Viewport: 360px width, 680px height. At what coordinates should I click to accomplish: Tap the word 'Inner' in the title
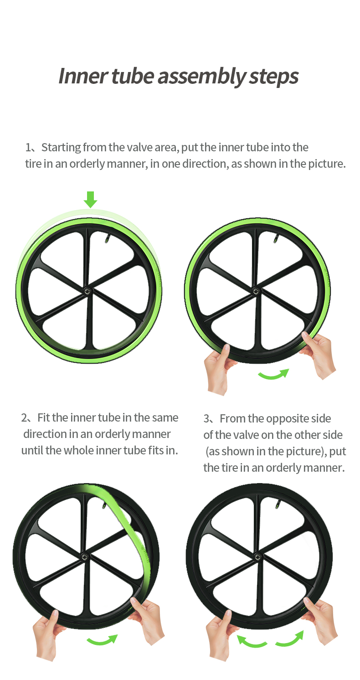click(83, 76)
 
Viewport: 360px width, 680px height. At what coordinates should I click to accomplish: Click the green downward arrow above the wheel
click(90, 199)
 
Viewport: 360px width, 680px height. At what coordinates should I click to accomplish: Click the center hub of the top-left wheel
click(87, 290)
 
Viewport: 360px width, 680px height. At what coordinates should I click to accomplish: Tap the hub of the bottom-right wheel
click(258, 556)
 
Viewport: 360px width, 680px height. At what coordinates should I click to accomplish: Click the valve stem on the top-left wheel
click(108, 238)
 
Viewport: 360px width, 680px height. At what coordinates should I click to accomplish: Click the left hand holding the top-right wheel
click(218, 368)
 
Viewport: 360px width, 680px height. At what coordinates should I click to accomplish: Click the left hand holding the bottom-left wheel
click(47, 634)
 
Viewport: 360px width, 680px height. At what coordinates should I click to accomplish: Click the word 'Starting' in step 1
click(61, 148)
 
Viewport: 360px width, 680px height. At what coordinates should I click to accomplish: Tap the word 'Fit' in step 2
click(43, 418)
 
